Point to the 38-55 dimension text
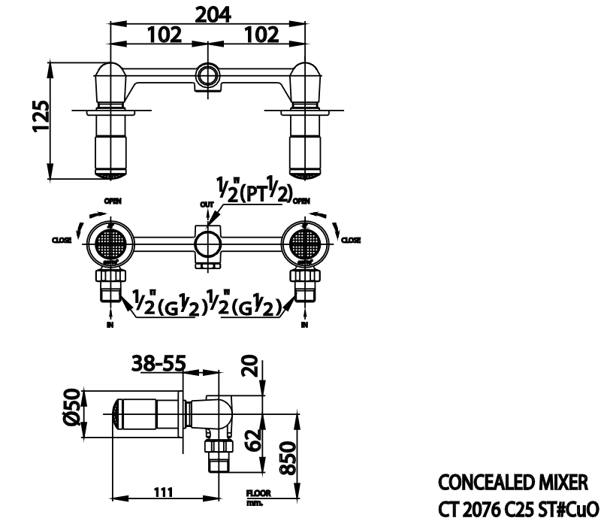[x=159, y=364]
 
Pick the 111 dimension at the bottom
[x=162, y=492]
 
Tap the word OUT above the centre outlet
[x=206, y=203]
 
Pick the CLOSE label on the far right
[x=351, y=240]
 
